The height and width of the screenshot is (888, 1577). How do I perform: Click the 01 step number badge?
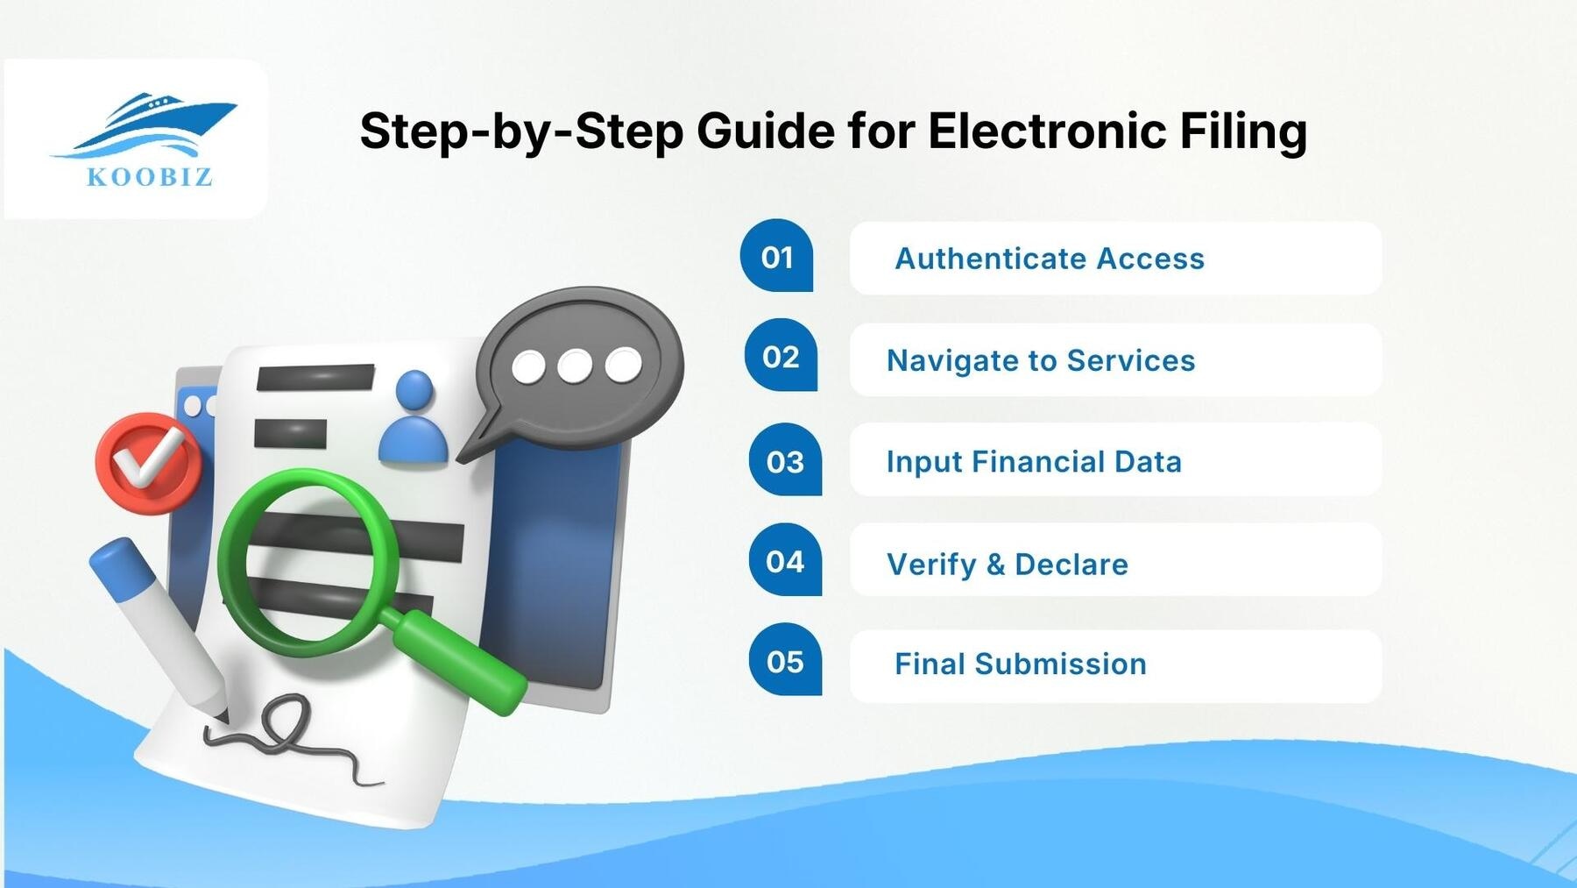(x=776, y=256)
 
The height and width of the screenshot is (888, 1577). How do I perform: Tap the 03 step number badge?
(x=785, y=461)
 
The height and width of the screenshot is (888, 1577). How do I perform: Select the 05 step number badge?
(x=785, y=661)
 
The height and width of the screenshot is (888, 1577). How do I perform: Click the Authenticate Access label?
(x=1050, y=259)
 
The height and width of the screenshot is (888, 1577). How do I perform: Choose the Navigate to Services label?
(x=1041, y=360)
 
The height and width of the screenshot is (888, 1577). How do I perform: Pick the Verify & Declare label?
(x=1008, y=564)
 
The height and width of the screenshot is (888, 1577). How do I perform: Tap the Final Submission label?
(x=1021, y=664)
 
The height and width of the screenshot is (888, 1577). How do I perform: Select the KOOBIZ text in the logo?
(x=150, y=177)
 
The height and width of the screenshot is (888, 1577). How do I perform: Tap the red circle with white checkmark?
(x=147, y=463)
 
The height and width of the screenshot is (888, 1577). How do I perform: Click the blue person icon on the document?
(x=414, y=419)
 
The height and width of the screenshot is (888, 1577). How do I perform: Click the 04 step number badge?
(x=785, y=561)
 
